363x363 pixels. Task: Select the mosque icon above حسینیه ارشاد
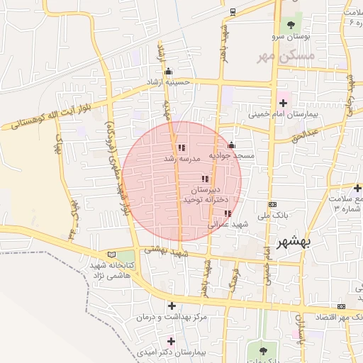(168, 71)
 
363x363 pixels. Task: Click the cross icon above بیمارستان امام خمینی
(283, 103)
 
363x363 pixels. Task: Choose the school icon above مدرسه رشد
(181, 148)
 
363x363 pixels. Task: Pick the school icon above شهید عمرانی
(227, 213)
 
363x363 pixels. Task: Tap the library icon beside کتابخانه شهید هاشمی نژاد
(111, 255)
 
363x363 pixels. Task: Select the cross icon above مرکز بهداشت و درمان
(171, 306)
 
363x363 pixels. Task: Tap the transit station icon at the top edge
(233, 11)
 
